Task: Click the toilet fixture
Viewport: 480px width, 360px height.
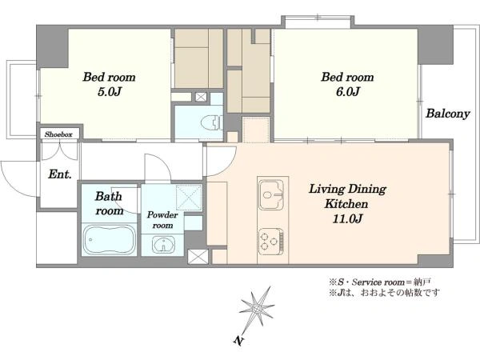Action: click(x=211, y=122)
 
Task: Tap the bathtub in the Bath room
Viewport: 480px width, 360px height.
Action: click(x=110, y=239)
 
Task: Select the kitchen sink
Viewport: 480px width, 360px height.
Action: click(x=271, y=194)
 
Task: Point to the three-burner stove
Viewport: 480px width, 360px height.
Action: click(x=271, y=242)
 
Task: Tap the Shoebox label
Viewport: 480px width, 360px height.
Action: click(x=58, y=134)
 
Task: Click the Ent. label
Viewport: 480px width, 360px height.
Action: click(x=60, y=174)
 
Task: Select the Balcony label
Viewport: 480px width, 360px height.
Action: click(x=448, y=114)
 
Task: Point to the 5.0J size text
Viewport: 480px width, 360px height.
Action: click(x=110, y=91)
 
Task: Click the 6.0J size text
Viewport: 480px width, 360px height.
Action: click(x=348, y=91)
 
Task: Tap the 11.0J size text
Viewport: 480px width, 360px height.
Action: click(x=347, y=218)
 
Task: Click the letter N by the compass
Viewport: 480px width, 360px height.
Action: click(x=238, y=341)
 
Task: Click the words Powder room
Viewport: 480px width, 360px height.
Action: click(x=162, y=220)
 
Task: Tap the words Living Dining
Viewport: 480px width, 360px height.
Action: click(x=347, y=189)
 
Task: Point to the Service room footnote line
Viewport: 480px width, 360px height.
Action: click(x=380, y=282)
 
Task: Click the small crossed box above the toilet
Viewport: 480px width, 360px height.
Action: click(x=201, y=97)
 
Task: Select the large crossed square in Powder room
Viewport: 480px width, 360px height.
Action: click(x=189, y=198)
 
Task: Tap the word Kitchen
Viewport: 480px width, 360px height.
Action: click(x=346, y=203)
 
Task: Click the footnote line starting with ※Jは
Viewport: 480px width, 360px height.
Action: click(x=385, y=293)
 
